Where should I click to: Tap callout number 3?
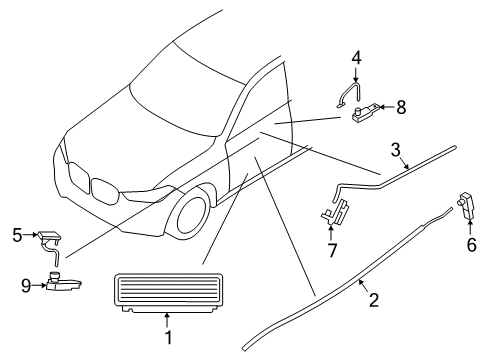point(396,150)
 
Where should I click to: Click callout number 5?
point(17,236)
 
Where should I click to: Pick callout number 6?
point(471,244)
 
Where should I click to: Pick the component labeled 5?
point(49,237)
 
